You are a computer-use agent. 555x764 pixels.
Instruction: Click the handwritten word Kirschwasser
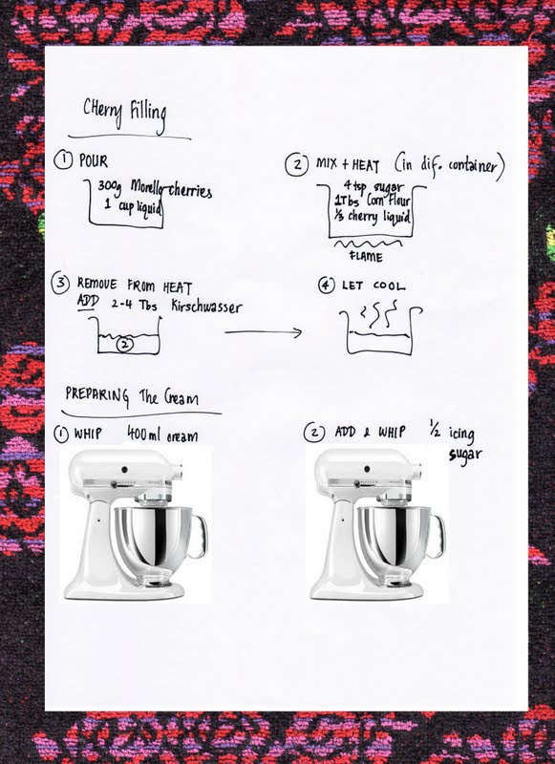206,307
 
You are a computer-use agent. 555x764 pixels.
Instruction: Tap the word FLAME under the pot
366,256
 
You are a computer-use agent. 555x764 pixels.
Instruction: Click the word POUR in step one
93,160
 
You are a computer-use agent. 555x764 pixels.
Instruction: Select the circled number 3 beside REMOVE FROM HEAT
60,283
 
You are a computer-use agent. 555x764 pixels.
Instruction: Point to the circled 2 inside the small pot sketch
125,344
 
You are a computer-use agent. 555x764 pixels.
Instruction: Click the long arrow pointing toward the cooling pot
263,332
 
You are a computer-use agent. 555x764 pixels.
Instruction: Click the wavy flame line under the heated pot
368,244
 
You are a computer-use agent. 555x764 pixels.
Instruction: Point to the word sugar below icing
465,456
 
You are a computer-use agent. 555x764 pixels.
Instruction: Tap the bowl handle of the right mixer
436,537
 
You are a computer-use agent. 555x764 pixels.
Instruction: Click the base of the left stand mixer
124,588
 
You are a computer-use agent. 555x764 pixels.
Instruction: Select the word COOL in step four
389,286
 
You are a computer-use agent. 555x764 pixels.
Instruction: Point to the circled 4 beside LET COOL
327,285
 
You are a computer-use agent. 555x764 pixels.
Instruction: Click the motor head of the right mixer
371,469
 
